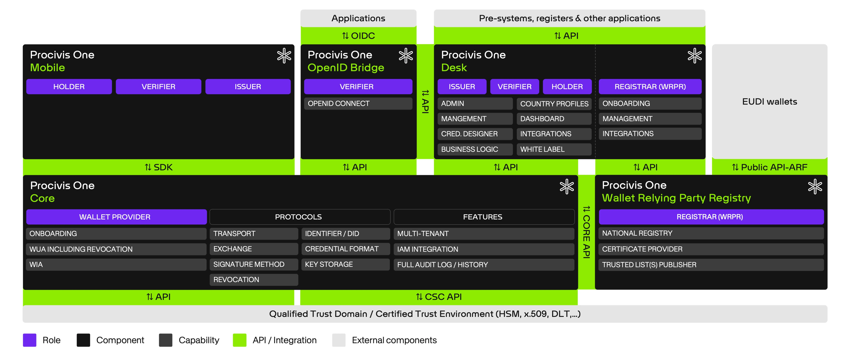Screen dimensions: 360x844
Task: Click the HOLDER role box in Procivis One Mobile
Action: [x=69, y=86]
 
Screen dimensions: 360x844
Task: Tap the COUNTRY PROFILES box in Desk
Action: [x=554, y=104]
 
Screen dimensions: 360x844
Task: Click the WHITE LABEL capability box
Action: [x=554, y=149]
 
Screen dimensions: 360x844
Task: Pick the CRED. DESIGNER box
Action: [x=475, y=134]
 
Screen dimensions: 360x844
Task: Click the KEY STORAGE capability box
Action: [x=345, y=264]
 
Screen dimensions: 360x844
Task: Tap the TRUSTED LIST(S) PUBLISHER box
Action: [x=711, y=265]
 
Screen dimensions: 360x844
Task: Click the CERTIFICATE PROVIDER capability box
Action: [x=711, y=249]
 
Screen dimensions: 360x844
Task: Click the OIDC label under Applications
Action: [x=358, y=36]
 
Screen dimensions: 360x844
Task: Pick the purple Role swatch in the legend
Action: [x=29, y=340]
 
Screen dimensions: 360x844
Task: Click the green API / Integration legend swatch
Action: [x=240, y=340]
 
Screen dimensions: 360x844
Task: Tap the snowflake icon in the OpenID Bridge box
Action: [x=406, y=56]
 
